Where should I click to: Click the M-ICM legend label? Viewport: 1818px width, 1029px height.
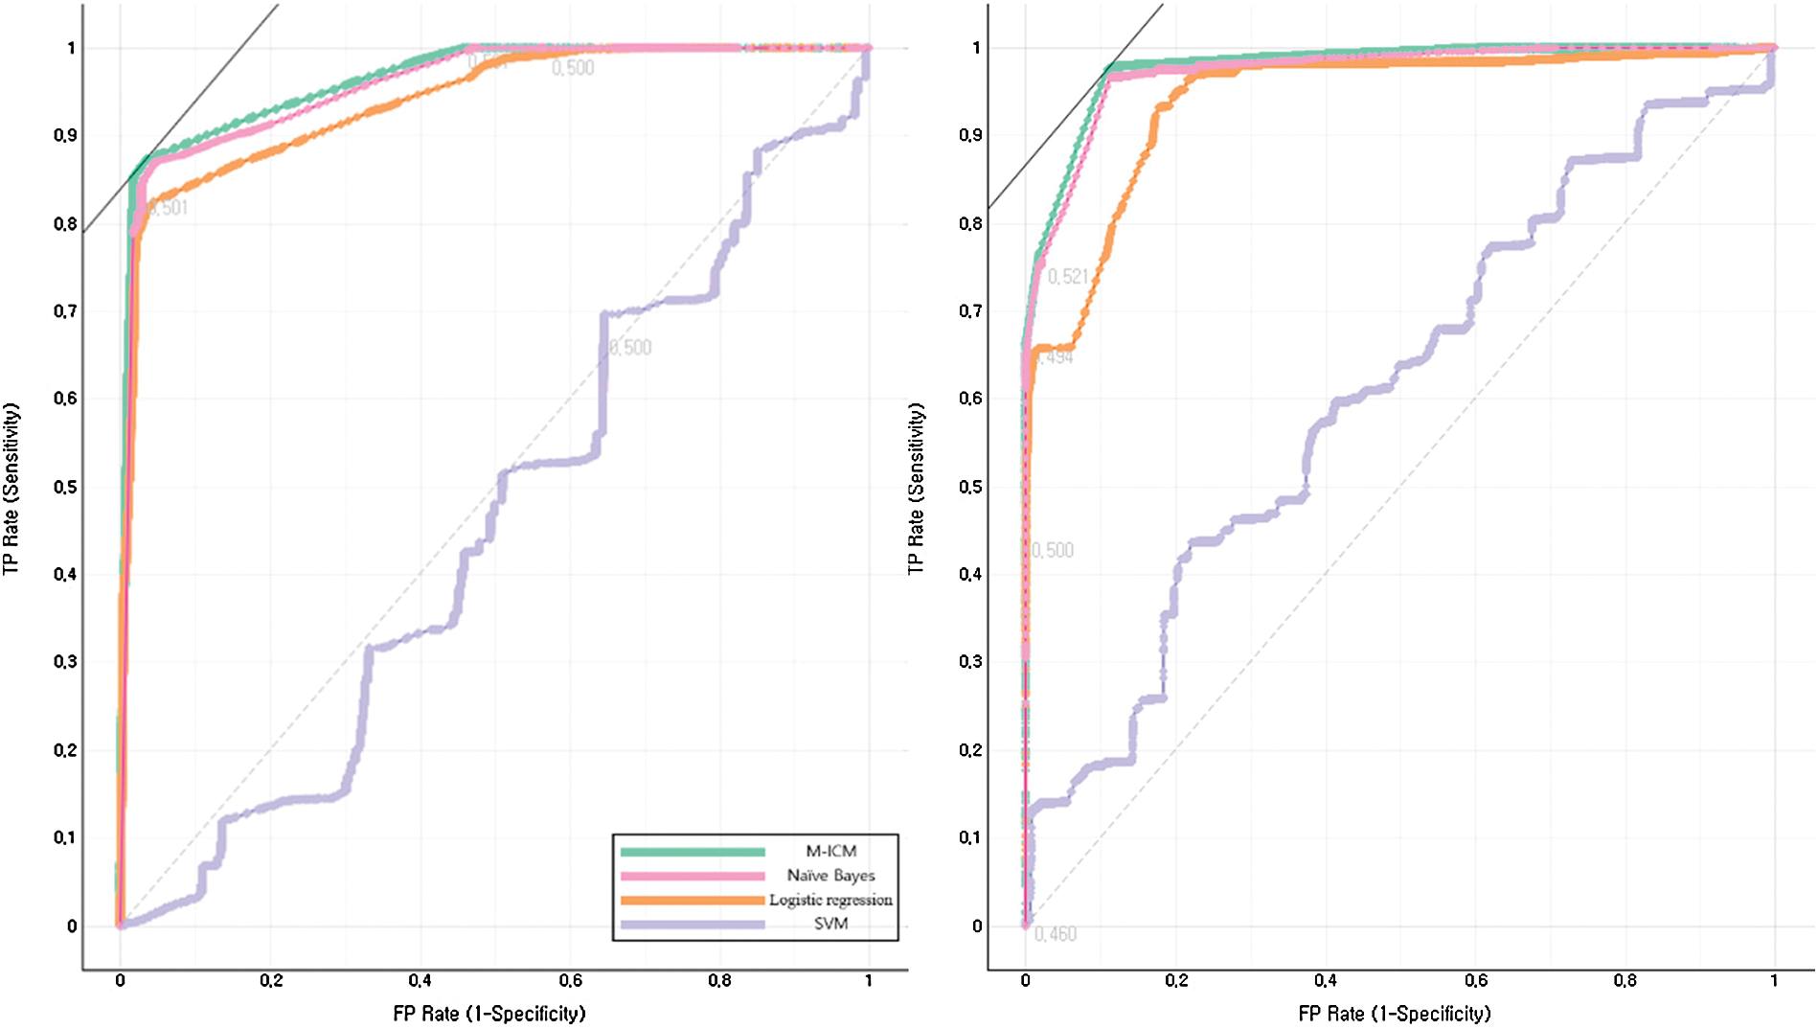[830, 851]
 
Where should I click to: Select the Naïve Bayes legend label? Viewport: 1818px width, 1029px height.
[830, 875]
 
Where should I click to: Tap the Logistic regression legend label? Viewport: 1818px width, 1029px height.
[830, 900]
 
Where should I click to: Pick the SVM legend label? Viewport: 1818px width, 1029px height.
[830, 924]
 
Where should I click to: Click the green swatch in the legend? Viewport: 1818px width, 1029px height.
[693, 852]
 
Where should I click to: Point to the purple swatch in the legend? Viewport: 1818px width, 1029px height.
[693, 925]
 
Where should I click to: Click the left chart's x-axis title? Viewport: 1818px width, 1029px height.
[489, 1014]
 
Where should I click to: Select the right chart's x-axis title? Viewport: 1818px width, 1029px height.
[1394, 1014]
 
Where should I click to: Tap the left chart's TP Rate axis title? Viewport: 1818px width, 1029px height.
[11, 489]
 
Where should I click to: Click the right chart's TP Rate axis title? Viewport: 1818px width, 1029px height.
[917, 489]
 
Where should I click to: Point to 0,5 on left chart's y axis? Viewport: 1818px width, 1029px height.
[65, 487]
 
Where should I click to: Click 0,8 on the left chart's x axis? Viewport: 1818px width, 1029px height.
[719, 980]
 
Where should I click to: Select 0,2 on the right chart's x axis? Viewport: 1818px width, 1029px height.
[1176, 980]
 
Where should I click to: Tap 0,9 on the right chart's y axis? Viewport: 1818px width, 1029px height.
[970, 135]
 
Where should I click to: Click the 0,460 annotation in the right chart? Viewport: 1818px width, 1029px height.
[1056, 934]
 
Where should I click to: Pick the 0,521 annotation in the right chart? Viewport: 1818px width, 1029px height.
[1068, 277]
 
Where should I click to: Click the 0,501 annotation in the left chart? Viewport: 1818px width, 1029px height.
[169, 208]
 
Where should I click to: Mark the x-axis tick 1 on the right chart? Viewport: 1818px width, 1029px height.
[1774, 980]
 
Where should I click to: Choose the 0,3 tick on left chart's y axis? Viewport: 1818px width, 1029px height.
[65, 662]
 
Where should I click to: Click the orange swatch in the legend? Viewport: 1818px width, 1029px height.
[693, 901]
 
